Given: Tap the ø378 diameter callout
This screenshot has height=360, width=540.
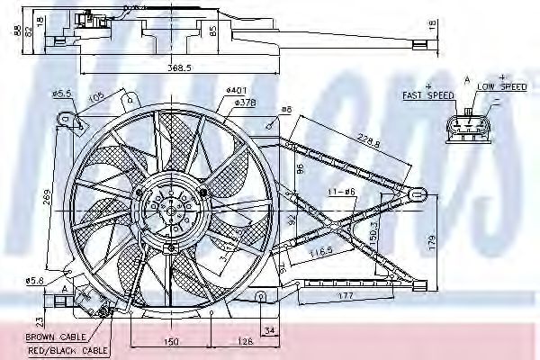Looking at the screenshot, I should click(246, 103).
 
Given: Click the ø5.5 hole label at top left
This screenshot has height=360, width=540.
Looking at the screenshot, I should click(61, 94).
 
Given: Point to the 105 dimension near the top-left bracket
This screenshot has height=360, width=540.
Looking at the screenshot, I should click(95, 98).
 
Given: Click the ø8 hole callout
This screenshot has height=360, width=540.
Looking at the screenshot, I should click(286, 110).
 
